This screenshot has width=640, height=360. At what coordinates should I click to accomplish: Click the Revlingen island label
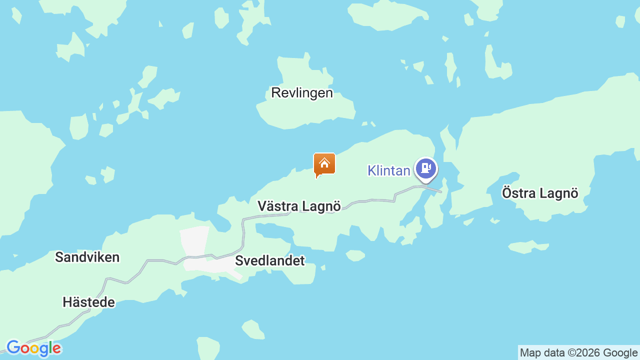coord(301,93)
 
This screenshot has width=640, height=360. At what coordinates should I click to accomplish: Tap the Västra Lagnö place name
coord(299,206)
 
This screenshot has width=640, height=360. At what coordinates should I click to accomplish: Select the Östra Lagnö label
coord(540,193)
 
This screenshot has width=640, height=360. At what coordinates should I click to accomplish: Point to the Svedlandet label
coord(269,260)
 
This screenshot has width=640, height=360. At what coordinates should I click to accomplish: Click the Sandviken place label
coord(87,257)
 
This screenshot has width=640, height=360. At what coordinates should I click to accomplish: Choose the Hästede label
coord(88,302)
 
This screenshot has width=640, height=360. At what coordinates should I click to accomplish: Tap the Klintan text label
coord(388,170)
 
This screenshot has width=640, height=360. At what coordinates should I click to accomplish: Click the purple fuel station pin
coord(426,168)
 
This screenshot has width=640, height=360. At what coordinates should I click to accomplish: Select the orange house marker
coord(324,164)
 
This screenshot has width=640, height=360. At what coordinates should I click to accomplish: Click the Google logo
coord(33,348)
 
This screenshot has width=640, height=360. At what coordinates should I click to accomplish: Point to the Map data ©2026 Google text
coord(578,353)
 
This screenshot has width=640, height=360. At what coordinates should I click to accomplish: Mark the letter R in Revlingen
coord(275,93)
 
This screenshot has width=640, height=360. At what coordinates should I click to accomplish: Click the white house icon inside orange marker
coord(324,163)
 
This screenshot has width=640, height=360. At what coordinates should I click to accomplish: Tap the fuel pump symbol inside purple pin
coord(426,167)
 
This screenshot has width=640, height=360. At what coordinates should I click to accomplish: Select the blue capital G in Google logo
coord(13,347)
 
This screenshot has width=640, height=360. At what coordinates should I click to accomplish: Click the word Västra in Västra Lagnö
coord(277,206)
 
